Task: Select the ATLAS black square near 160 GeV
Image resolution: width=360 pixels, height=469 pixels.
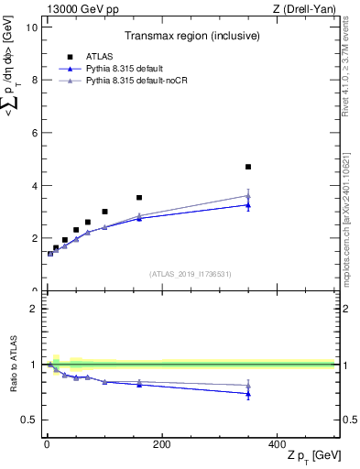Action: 139,197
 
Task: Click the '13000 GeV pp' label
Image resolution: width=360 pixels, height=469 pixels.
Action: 78,8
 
